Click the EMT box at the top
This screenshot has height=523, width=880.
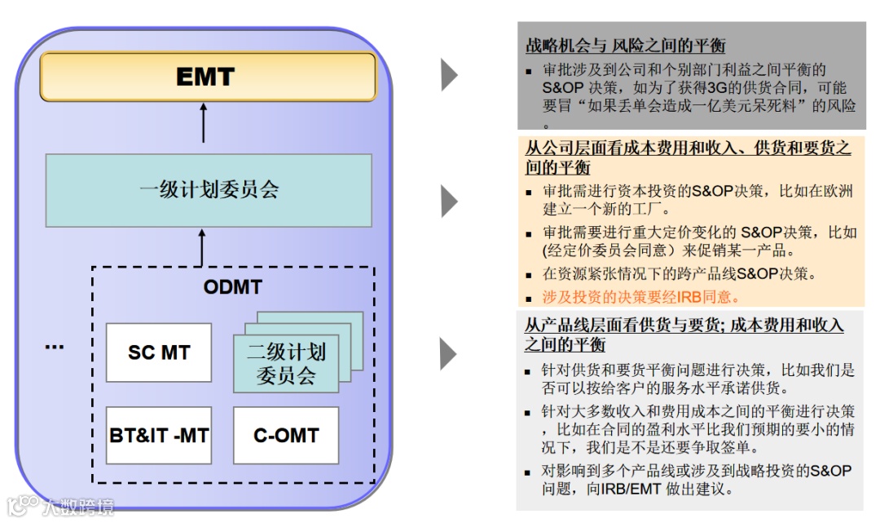208,77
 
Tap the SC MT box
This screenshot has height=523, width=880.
159,353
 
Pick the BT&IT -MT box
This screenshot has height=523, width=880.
159,436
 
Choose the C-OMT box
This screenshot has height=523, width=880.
285,436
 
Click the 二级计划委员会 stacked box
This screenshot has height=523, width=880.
286,364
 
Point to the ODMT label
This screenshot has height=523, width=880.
232,287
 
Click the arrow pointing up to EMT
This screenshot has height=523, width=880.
204,124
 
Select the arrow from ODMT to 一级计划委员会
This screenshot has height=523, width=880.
204,247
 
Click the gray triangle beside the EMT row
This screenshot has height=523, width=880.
449,74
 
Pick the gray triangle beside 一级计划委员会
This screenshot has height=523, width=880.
449,201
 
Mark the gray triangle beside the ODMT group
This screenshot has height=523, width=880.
449,353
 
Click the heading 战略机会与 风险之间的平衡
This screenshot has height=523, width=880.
625,46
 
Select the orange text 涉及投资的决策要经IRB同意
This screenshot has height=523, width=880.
640,298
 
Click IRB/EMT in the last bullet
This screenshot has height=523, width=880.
624,490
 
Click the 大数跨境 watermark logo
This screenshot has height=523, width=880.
61,507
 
